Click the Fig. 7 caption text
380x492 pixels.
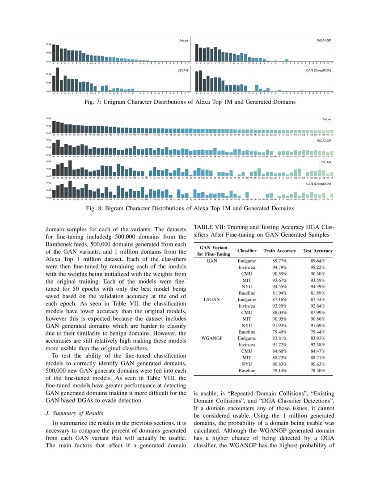pyautogui.click(x=190, y=102)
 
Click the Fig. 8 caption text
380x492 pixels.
pyautogui.click(x=190, y=208)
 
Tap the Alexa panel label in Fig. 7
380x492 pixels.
pyautogui.click(x=183, y=41)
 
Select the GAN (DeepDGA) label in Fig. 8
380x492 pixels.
pyautogui.click(x=318, y=183)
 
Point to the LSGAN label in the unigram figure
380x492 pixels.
pyautogui.click(x=182, y=71)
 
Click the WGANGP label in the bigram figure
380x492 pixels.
pyautogui.click(x=324, y=140)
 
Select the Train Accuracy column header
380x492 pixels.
pyautogui.click(x=280, y=251)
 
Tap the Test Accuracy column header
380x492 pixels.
pyautogui.click(x=317, y=251)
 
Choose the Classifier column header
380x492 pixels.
pyautogui.click(x=247, y=251)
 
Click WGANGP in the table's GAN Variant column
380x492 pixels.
pyautogui.click(x=212, y=339)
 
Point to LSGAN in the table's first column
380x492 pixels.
pyautogui.click(x=212, y=299)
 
